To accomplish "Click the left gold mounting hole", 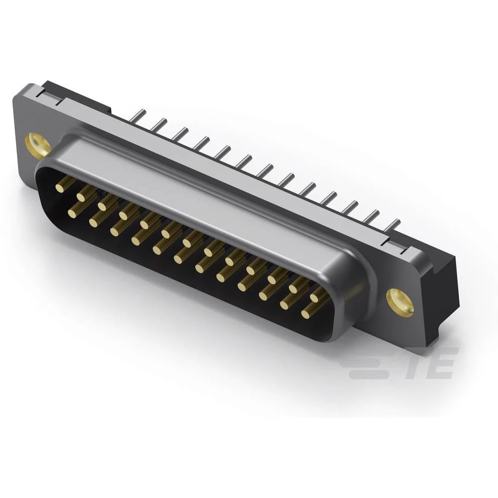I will (x=38, y=145).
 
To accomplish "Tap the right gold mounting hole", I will (x=400, y=302).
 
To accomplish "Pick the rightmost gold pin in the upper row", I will (x=315, y=298).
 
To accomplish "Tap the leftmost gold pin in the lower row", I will (x=72, y=213).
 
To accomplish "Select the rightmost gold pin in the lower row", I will (x=305, y=314).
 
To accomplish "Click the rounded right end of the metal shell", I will (x=356, y=294).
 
